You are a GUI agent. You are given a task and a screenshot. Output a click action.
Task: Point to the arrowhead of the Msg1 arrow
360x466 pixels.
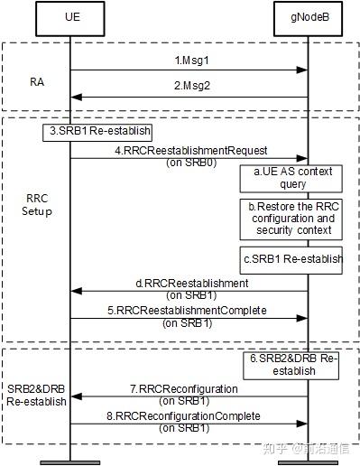click(x=304, y=70)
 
